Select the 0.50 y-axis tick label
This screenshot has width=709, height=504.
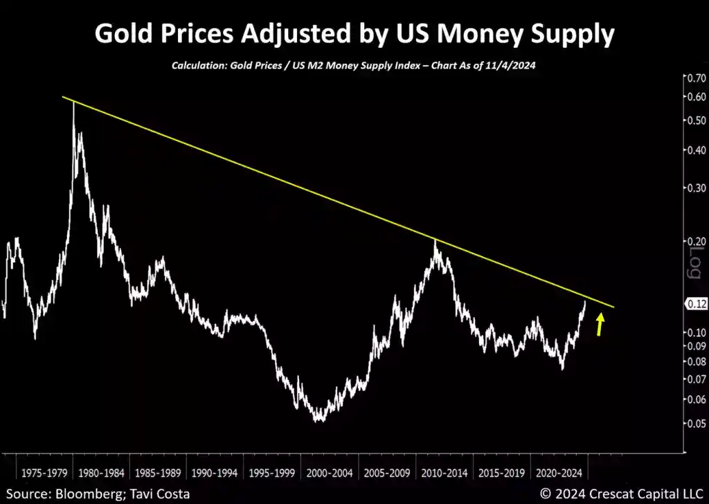click(694, 120)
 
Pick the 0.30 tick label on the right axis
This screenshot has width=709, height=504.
click(694, 187)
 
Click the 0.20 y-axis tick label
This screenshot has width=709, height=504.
click(694, 241)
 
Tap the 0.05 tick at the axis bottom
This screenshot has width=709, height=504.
click(694, 424)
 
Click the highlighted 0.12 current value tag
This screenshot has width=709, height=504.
click(694, 304)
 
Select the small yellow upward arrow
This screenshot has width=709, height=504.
click(600, 324)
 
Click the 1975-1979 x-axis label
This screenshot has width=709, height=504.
click(44, 474)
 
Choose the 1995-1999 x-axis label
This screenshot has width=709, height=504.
click(273, 474)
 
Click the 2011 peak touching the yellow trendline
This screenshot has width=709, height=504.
click(435, 240)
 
